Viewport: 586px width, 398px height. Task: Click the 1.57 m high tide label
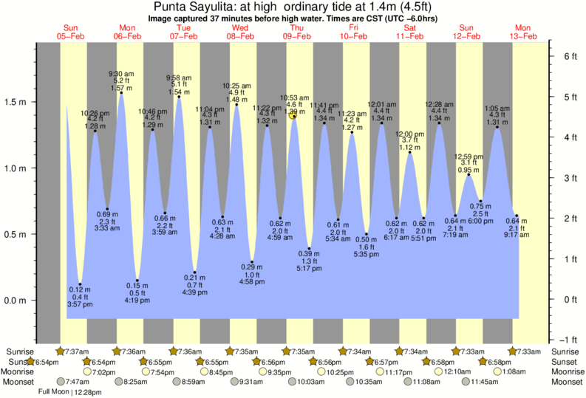point(120,88)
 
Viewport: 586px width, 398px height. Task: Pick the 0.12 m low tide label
point(79,289)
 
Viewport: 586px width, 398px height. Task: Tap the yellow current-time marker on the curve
point(294,114)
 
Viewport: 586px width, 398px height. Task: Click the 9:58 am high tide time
point(178,77)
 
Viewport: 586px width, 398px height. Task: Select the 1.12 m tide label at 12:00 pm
point(409,147)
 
